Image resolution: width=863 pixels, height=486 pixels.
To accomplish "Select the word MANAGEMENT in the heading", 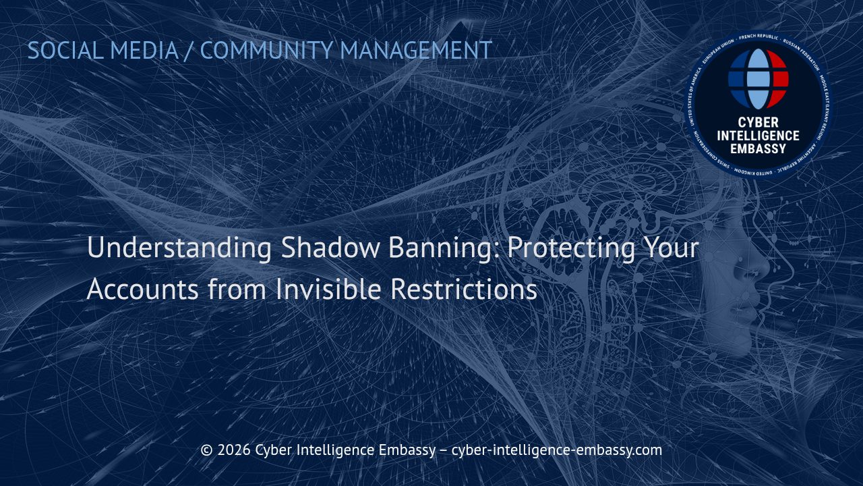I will click(x=415, y=51).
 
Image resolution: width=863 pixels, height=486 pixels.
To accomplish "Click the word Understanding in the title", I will click(x=179, y=248).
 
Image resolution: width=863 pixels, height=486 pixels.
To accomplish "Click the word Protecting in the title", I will click(x=570, y=248).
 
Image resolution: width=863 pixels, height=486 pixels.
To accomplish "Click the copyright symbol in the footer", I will click(x=207, y=450).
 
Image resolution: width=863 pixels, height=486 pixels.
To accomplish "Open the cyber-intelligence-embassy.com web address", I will click(x=556, y=450).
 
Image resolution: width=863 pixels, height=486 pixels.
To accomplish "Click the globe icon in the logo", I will click(x=758, y=79).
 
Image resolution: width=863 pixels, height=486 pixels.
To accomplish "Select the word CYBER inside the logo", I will click(x=758, y=123).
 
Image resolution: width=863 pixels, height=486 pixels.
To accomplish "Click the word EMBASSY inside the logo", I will click(x=758, y=148).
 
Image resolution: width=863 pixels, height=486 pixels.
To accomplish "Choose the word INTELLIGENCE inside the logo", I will click(x=758, y=136).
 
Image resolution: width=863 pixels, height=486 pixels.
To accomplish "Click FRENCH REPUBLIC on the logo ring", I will click(x=758, y=38).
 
